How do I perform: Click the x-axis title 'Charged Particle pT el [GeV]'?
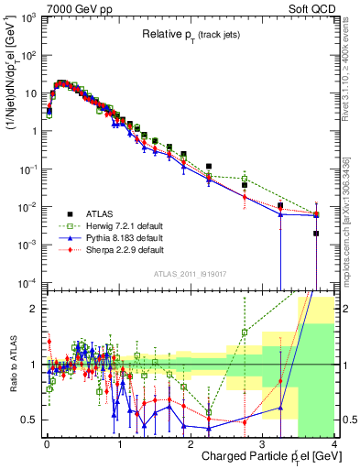(265, 456)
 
